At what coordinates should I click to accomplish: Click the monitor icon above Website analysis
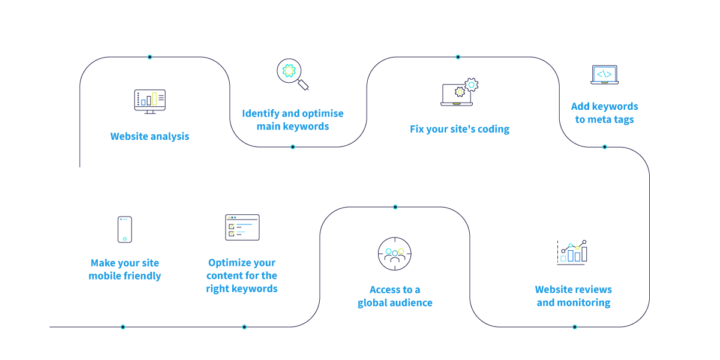(149, 101)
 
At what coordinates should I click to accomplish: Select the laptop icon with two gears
(459, 92)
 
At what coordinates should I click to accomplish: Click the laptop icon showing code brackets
(604, 75)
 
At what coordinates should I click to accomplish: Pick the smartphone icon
(125, 229)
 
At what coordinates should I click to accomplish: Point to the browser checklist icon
(242, 227)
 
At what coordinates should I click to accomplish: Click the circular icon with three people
(395, 254)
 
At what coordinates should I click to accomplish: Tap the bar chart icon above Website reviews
(573, 252)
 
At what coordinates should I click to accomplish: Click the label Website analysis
(149, 136)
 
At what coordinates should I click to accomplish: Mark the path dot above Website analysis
(149, 57)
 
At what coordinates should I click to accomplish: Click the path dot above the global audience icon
(395, 207)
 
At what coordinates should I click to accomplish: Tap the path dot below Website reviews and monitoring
(574, 327)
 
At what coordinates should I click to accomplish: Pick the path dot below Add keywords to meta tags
(604, 147)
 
